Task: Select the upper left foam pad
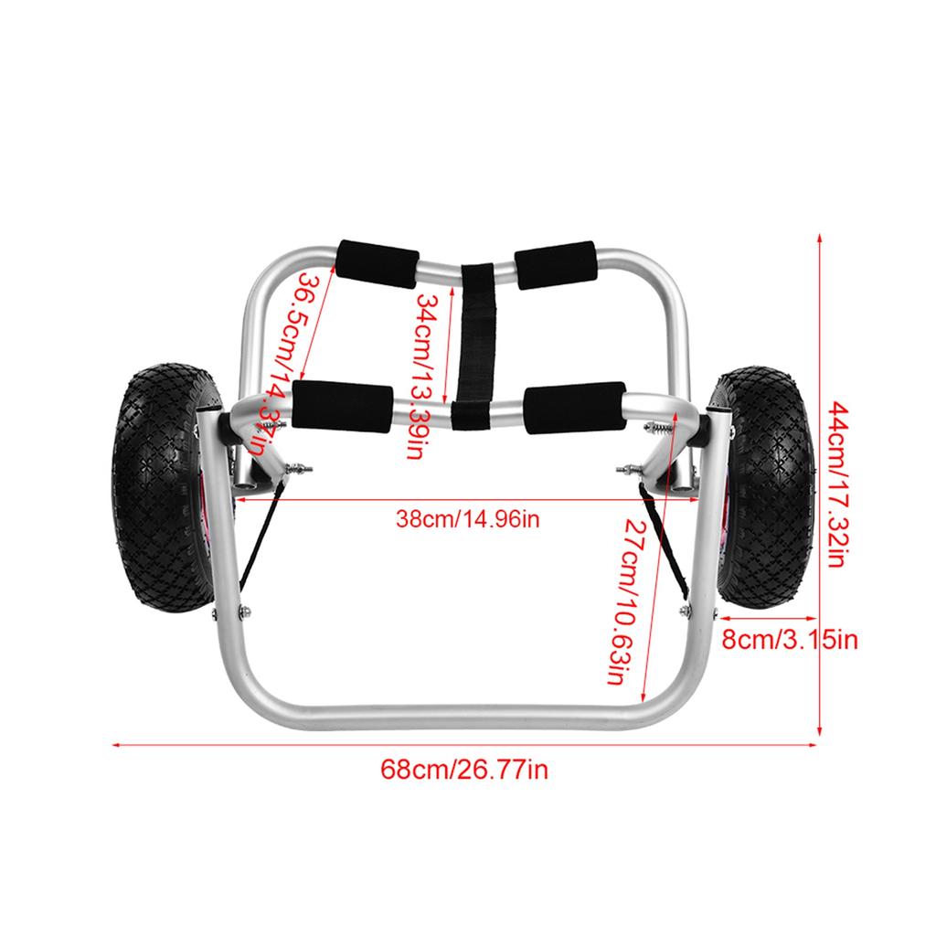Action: click(378, 261)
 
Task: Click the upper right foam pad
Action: click(557, 264)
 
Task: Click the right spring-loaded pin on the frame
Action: click(629, 470)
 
